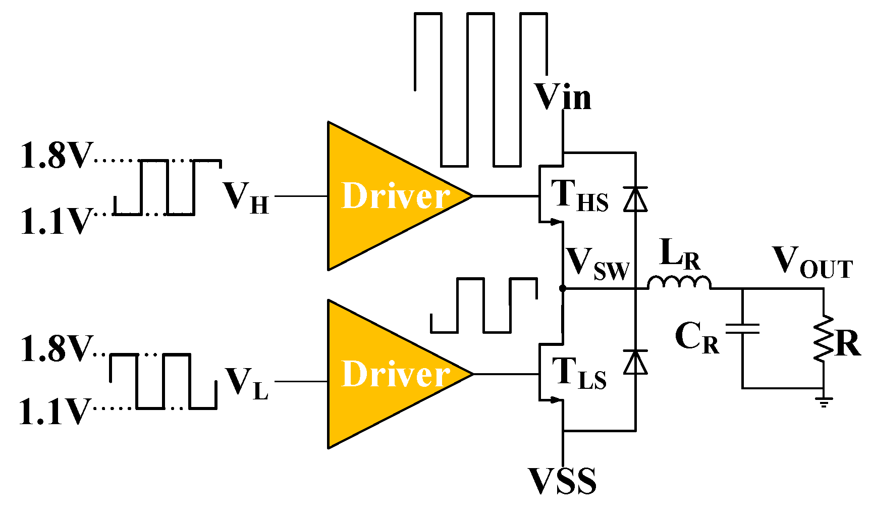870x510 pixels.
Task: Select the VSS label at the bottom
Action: coord(562,480)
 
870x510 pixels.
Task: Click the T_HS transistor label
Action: coord(579,196)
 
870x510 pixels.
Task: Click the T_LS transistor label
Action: coord(579,374)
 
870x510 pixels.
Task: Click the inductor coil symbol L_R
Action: coord(679,283)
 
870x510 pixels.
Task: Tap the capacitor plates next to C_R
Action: coord(742,329)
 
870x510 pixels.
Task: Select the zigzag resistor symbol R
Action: coord(824,338)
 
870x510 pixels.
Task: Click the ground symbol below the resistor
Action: coord(824,401)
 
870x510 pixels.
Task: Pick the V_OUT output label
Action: coord(812,262)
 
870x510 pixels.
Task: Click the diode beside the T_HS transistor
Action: coord(635,198)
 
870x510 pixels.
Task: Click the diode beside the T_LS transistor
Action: coord(635,362)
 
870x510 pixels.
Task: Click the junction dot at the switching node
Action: coord(563,288)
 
